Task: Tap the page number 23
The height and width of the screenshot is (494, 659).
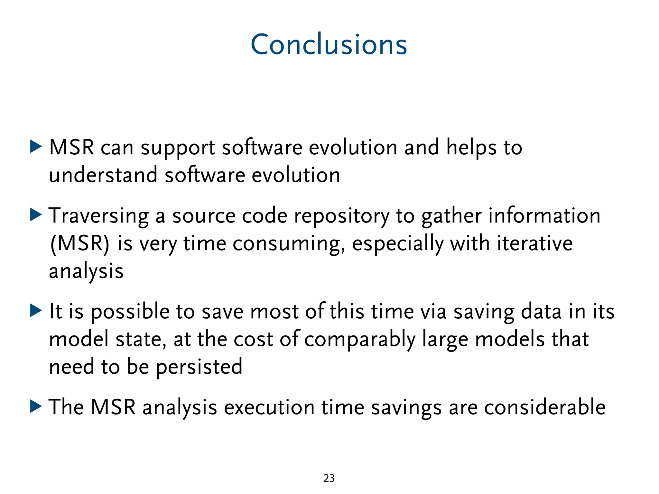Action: coord(329,478)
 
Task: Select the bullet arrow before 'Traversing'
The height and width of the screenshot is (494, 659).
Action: coord(36,215)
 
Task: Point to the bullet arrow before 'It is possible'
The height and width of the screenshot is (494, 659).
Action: coord(36,310)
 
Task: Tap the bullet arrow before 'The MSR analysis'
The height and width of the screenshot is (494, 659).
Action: coord(36,406)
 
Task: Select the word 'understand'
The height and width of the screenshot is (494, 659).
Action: coord(103,175)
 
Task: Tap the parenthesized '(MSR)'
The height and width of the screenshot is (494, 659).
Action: coord(80,243)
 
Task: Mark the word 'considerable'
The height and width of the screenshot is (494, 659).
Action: coord(544,407)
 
